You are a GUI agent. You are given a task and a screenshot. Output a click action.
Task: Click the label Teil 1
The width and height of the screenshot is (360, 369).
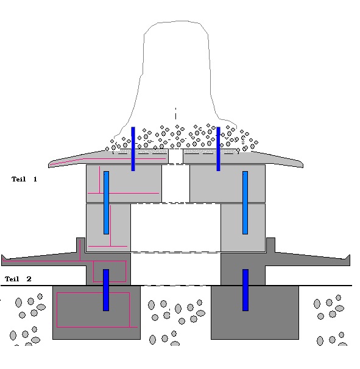coord(24,179)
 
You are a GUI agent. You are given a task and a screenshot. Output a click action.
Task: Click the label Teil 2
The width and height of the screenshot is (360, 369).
coord(18,279)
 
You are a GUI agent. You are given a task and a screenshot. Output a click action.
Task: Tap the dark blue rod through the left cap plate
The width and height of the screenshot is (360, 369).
coord(133,149)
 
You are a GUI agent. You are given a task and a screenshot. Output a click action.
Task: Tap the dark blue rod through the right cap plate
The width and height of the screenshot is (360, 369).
coord(218,149)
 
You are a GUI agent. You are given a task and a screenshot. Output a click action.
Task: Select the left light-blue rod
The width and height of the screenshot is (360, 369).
coord(106,203)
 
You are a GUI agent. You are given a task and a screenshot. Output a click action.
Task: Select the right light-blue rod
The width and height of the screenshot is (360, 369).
coord(245,203)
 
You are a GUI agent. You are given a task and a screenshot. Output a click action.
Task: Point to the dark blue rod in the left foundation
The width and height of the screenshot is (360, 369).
coord(106,290)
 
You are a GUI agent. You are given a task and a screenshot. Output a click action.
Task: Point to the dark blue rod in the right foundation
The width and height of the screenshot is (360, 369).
coord(245,290)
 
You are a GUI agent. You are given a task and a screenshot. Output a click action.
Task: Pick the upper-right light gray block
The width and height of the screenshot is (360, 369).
coord(227,183)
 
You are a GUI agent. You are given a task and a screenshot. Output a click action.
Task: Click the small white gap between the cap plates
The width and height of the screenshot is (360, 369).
coord(175,156)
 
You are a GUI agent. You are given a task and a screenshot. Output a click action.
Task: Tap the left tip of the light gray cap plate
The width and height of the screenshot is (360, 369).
coord(49,165)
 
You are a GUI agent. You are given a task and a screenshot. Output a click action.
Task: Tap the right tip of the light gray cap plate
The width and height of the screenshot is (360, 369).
coord(303,165)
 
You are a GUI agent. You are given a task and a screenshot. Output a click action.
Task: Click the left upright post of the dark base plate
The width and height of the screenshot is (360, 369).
coord(80,245)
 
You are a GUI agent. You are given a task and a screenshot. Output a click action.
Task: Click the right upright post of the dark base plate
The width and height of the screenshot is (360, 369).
coord(270,245)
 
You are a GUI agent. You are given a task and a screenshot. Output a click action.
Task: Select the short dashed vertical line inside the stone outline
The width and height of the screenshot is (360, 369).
coord(175,113)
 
